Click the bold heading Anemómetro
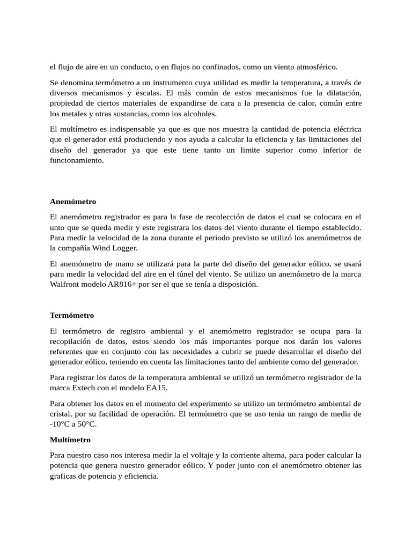[73, 202]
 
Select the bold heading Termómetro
[72, 315]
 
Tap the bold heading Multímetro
[70, 440]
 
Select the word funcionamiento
[76, 160]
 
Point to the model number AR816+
[124, 285]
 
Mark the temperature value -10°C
[61, 424]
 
